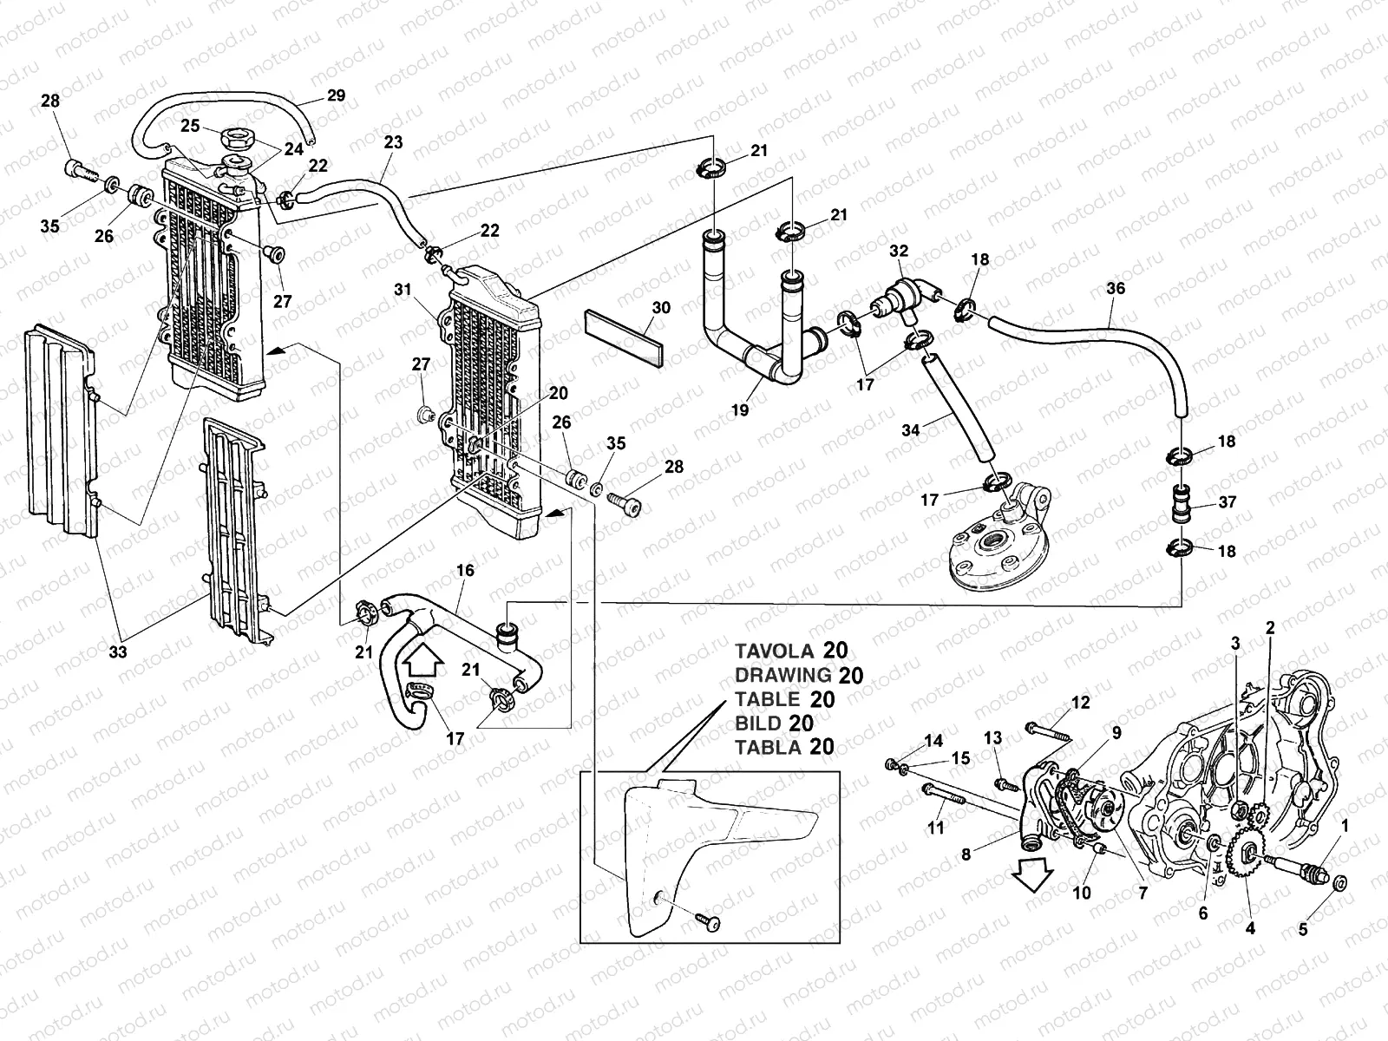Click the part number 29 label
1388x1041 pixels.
[336, 95]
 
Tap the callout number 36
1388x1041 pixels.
[1116, 288]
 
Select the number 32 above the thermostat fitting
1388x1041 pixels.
[899, 251]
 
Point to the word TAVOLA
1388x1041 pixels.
[775, 651]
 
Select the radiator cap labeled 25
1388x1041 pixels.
[237, 136]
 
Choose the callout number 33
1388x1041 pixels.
[118, 651]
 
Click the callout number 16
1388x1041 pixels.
[465, 570]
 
